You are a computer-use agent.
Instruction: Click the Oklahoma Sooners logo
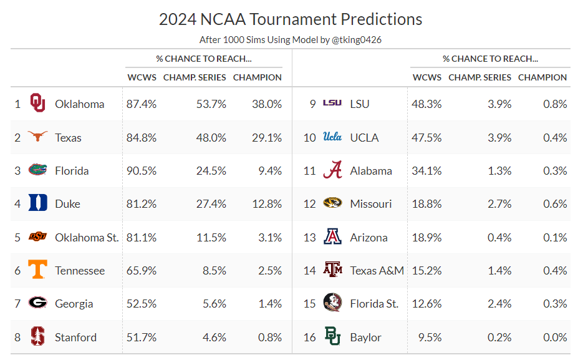tap(38, 104)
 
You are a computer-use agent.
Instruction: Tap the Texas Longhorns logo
tap(38, 137)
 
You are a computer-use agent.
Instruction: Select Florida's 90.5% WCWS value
tap(142, 171)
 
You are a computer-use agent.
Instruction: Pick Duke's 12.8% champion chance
tap(266, 204)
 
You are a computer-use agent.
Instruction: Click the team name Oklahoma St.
tap(87, 238)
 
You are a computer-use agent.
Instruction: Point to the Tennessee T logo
tap(38, 270)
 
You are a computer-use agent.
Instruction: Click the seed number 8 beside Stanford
tap(17, 338)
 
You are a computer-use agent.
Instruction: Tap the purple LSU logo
tap(332, 103)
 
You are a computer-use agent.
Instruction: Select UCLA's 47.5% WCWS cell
tap(426, 137)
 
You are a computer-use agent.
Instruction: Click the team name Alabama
tap(371, 171)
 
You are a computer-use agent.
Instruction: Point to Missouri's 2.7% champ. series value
tap(499, 204)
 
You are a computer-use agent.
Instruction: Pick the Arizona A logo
tap(332, 237)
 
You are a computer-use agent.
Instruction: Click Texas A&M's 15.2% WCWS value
tap(426, 271)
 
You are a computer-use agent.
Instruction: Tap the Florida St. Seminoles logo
tap(332, 304)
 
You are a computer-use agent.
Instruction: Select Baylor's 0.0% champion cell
tap(554, 338)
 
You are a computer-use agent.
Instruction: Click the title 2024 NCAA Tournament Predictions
tap(291, 19)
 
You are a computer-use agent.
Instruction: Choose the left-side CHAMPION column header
tap(257, 77)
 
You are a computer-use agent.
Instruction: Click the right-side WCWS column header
tap(426, 77)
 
